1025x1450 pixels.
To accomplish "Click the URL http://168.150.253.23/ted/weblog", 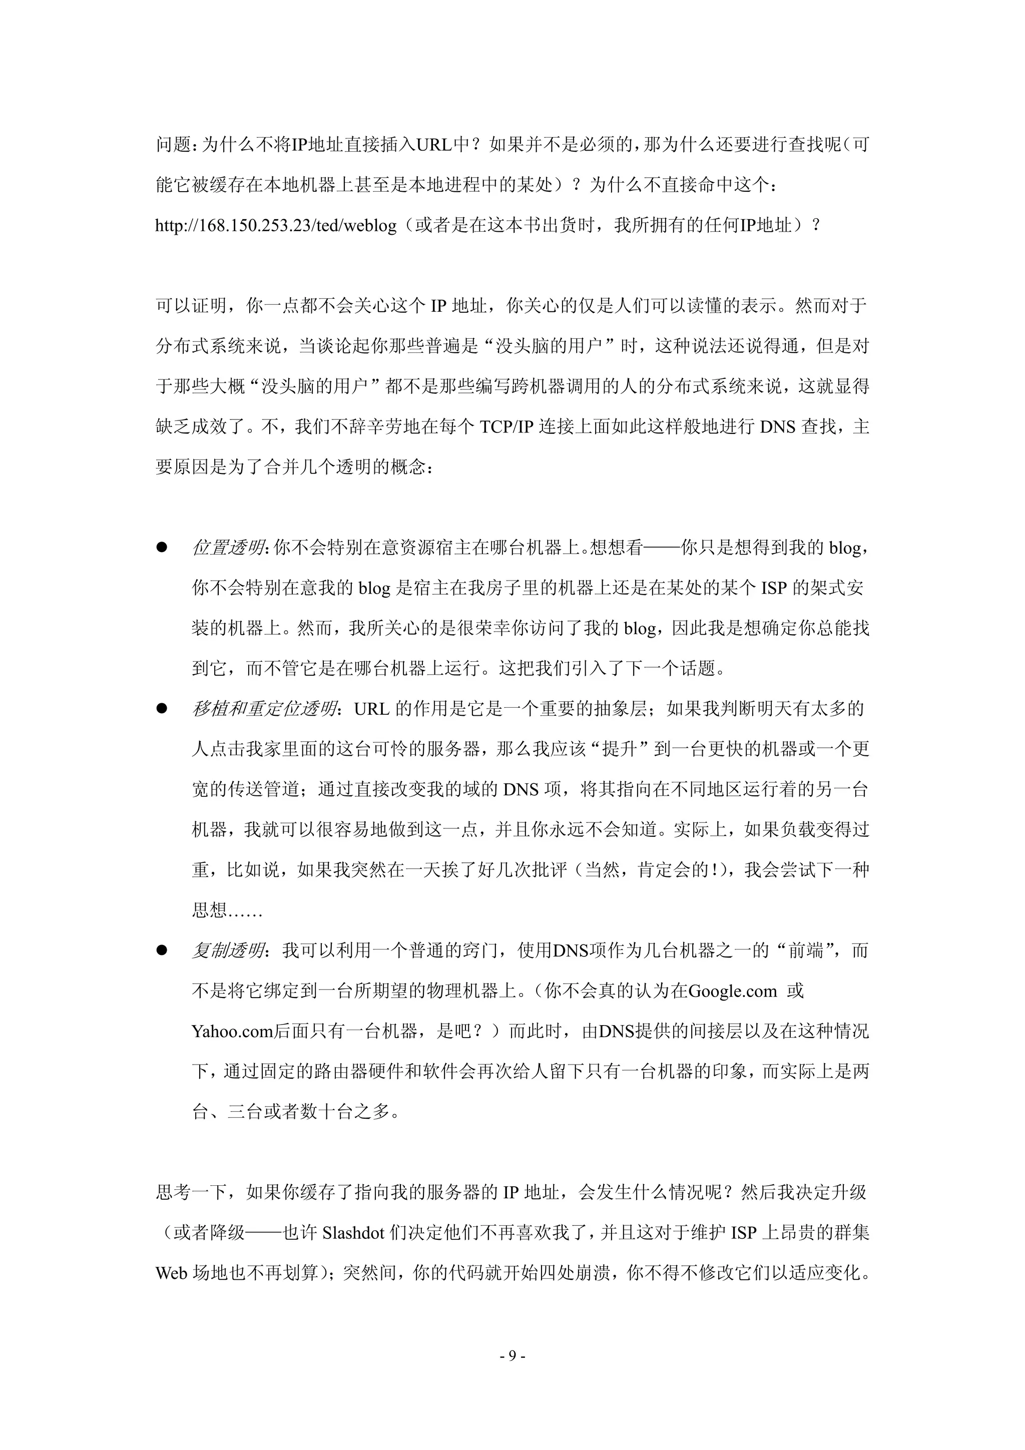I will (x=276, y=225).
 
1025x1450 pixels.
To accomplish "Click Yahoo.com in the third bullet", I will (x=232, y=1031).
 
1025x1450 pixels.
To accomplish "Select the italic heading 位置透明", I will (x=228, y=548).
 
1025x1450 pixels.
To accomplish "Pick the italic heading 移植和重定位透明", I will (x=264, y=709).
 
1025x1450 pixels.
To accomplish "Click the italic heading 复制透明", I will (x=228, y=950).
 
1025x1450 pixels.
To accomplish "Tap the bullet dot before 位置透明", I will (x=162, y=548).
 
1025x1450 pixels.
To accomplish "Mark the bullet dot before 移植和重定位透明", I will (x=162, y=709).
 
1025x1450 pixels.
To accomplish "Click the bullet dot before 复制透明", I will (x=162, y=950).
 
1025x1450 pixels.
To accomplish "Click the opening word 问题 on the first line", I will (x=173, y=145).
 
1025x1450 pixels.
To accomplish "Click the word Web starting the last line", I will (x=171, y=1273).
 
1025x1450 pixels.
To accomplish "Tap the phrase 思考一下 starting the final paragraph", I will (x=191, y=1192).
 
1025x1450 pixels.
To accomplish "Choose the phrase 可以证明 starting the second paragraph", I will (x=191, y=306).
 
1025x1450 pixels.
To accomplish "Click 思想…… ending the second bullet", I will (x=227, y=910).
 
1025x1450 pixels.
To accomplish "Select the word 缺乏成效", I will (x=191, y=427).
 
